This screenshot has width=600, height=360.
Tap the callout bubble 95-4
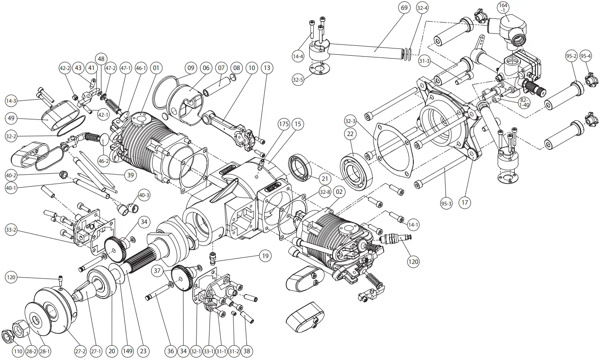tap(586, 56)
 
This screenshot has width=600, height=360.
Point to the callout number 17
tap(464, 202)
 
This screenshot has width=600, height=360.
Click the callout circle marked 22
tap(351, 134)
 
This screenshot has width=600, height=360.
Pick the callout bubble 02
tap(339, 192)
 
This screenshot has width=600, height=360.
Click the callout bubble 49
tap(11, 119)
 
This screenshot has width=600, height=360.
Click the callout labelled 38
tap(246, 351)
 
